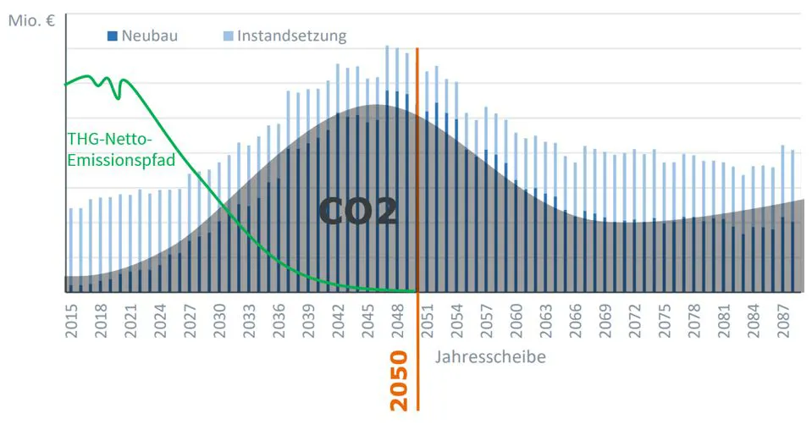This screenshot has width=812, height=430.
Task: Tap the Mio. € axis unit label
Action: [31, 20]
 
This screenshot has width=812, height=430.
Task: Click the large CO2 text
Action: [359, 212]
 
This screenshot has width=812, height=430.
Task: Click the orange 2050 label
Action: [399, 380]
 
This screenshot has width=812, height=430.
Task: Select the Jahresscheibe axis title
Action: [490, 356]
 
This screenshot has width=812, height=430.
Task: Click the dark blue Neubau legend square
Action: [112, 36]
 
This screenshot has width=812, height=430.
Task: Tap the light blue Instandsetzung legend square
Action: [228, 36]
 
